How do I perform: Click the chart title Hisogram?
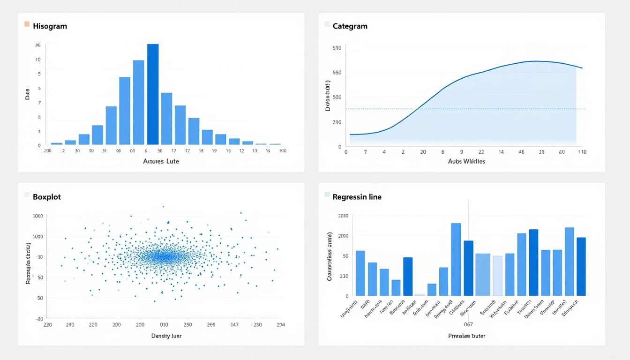tap(50, 26)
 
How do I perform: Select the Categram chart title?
tap(350, 26)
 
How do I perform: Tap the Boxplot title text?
tap(47, 197)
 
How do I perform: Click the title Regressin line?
tap(357, 197)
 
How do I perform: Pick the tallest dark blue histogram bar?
tap(153, 94)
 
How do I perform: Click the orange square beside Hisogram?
tap(27, 24)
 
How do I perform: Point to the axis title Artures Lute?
tap(161, 161)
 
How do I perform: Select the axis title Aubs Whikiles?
tap(466, 161)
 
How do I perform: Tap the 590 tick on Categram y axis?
tap(337, 48)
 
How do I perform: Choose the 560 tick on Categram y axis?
tap(337, 73)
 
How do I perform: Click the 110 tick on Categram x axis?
tap(582, 152)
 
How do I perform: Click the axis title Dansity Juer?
tap(166, 336)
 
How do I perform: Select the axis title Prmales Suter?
tap(466, 336)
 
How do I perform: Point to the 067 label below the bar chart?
tap(468, 324)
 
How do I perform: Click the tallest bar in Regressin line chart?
tap(456, 259)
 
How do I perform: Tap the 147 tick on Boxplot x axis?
tap(234, 324)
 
